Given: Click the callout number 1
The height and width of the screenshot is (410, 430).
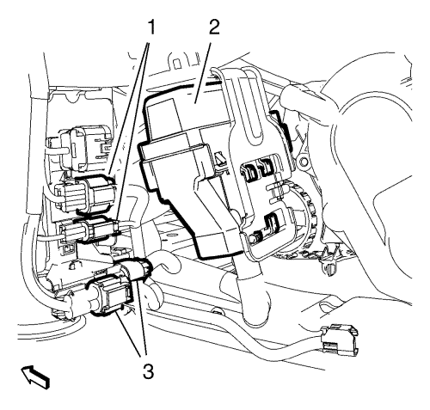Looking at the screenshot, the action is coord(150,28).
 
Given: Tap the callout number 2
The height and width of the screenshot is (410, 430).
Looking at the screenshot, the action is coord(213,28).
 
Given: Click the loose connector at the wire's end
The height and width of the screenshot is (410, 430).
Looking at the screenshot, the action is coord(340,341).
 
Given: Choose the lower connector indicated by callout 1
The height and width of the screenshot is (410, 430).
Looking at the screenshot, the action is coord(89,230).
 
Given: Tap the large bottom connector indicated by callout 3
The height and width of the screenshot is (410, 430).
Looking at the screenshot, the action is coord(110,297).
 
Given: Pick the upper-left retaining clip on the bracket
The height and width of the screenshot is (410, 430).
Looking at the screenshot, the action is coord(249,172).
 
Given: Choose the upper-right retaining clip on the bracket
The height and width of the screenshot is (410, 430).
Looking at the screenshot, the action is coord(265,166).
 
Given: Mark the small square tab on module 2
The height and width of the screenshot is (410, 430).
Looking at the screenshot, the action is coord(220,158).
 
